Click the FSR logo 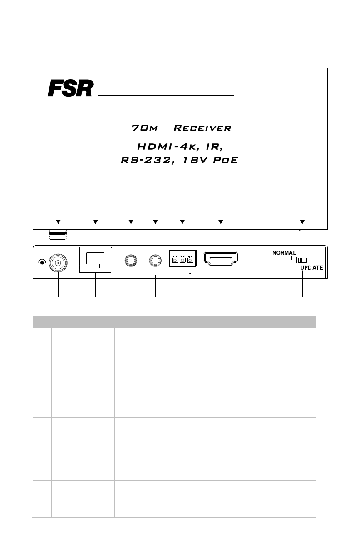[x=70, y=89]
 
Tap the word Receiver [x=202, y=128]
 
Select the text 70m [x=144, y=128]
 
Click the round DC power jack [x=58, y=262]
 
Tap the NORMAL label [x=284, y=252]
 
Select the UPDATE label [x=311, y=268]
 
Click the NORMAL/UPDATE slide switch [x=301, y=261]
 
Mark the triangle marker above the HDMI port [x=221, y=222]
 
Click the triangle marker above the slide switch [x=302, y=222]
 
